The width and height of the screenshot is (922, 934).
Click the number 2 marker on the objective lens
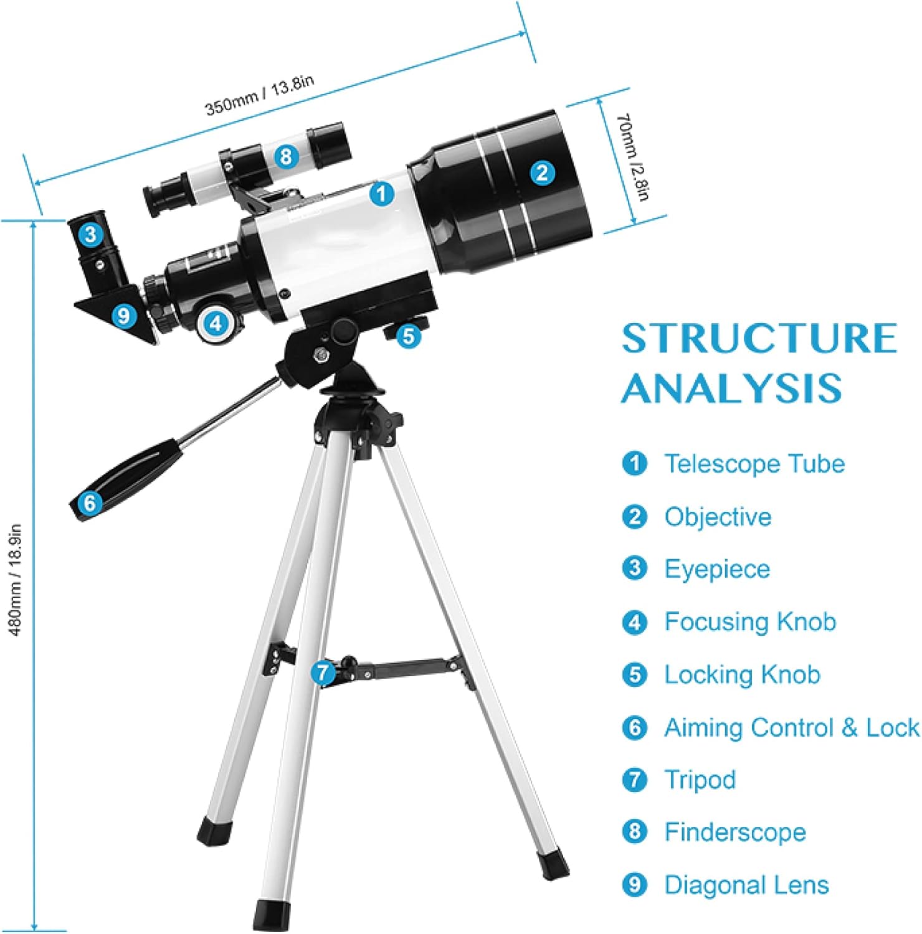click(542, 172)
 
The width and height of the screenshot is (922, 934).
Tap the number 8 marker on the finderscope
click(285, 156)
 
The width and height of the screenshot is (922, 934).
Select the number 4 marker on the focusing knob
click(216, 323)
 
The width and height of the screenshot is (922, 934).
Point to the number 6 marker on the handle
click(90, 502)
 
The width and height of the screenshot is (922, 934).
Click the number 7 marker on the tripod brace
click(322, 672)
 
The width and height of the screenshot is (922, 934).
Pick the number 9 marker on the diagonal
click(123, 316)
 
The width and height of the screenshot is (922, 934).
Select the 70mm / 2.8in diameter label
click(632, 157)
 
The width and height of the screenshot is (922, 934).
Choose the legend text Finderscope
click(735, 832)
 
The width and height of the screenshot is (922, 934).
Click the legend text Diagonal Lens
click(746, 885)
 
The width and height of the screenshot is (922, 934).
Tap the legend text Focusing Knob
click(750, 621)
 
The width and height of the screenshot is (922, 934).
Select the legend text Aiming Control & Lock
click(791, 727)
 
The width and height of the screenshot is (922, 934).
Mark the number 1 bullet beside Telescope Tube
click(635, 464)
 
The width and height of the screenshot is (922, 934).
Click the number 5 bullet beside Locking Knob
click(635, 674)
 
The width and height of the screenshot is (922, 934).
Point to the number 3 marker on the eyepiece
click(90, 235)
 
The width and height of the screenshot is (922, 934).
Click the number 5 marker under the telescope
click(407, 336)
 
